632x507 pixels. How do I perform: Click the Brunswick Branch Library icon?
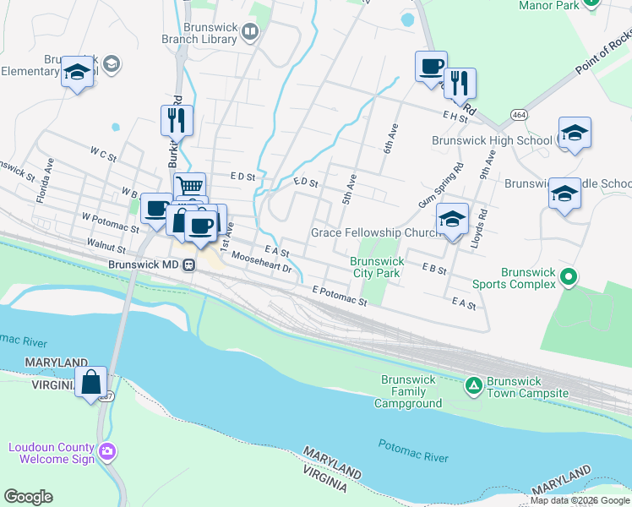pyautogui.click(x=249, y=32)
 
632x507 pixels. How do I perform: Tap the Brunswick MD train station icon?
pyautogui.click(x=189, y=264)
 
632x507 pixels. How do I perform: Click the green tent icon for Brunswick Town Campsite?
pyautogui.click(x=474, y=386)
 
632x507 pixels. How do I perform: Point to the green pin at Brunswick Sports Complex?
pyautogui.click(x=569, y=275)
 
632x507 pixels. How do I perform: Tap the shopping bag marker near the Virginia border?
pyautogui.click(x=90, y=382)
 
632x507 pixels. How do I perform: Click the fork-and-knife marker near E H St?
pyautogui.click(x=460, y=83)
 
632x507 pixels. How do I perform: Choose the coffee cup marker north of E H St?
pyautogui.click(x=431, y=66)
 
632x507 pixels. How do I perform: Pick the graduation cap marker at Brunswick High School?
pyautogui.click(x=575, y=133)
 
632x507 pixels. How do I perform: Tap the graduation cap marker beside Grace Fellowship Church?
pyautogui.click(x=453, y=220)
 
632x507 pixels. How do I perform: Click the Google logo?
pyautogui.click(x=28, y=497)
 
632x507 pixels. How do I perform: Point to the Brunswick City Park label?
pyautogui.click(x=375, y=267)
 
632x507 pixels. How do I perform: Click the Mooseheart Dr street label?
pyautogui.click(x=261, y=263)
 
